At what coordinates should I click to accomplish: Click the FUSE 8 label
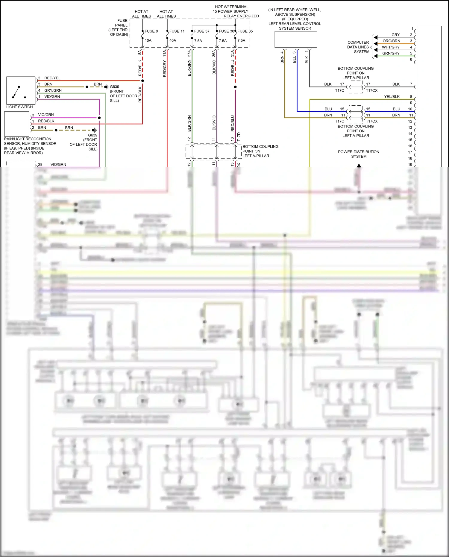[151, 31]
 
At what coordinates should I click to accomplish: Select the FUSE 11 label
[177, 31]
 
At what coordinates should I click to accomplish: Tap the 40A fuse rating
[173, 40]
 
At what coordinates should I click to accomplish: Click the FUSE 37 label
[201, 31]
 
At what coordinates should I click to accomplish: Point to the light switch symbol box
[21, 90]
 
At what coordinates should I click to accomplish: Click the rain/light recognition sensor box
[17, 124]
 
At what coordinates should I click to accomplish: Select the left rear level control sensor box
[296, 40]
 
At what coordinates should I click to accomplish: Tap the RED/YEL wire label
[52, 78]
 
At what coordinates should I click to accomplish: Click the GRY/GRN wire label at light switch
[53, 90]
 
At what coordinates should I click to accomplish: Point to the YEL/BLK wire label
[392, 97]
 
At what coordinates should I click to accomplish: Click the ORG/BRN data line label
[391, 41]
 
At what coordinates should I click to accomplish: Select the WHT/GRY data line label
[391, 47]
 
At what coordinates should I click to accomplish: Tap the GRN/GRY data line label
[391, 53]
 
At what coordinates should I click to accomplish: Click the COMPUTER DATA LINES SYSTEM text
[358, 47]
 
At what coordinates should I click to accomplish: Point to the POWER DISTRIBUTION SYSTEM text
[358, 154]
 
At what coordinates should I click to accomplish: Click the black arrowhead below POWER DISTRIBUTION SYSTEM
[359, 165]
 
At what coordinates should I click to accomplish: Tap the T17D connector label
[239, 136]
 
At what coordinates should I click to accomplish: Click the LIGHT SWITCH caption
[19, 107]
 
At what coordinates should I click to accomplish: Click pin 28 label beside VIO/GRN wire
[40, 165]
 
